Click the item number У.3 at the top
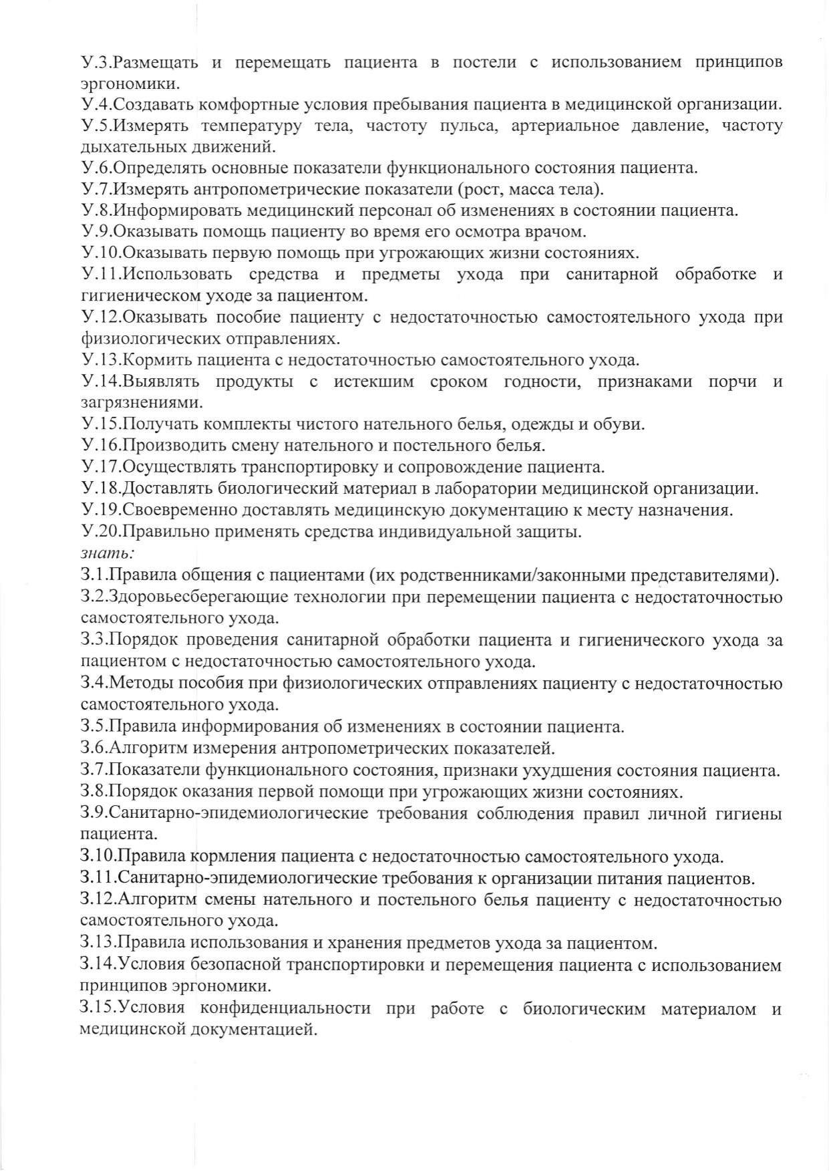[94, 62]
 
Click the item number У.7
[94, 189]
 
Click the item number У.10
[98, 253]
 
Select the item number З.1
[92, 575]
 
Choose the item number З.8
[92, 792]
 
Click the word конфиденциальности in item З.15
[285, 1008]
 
